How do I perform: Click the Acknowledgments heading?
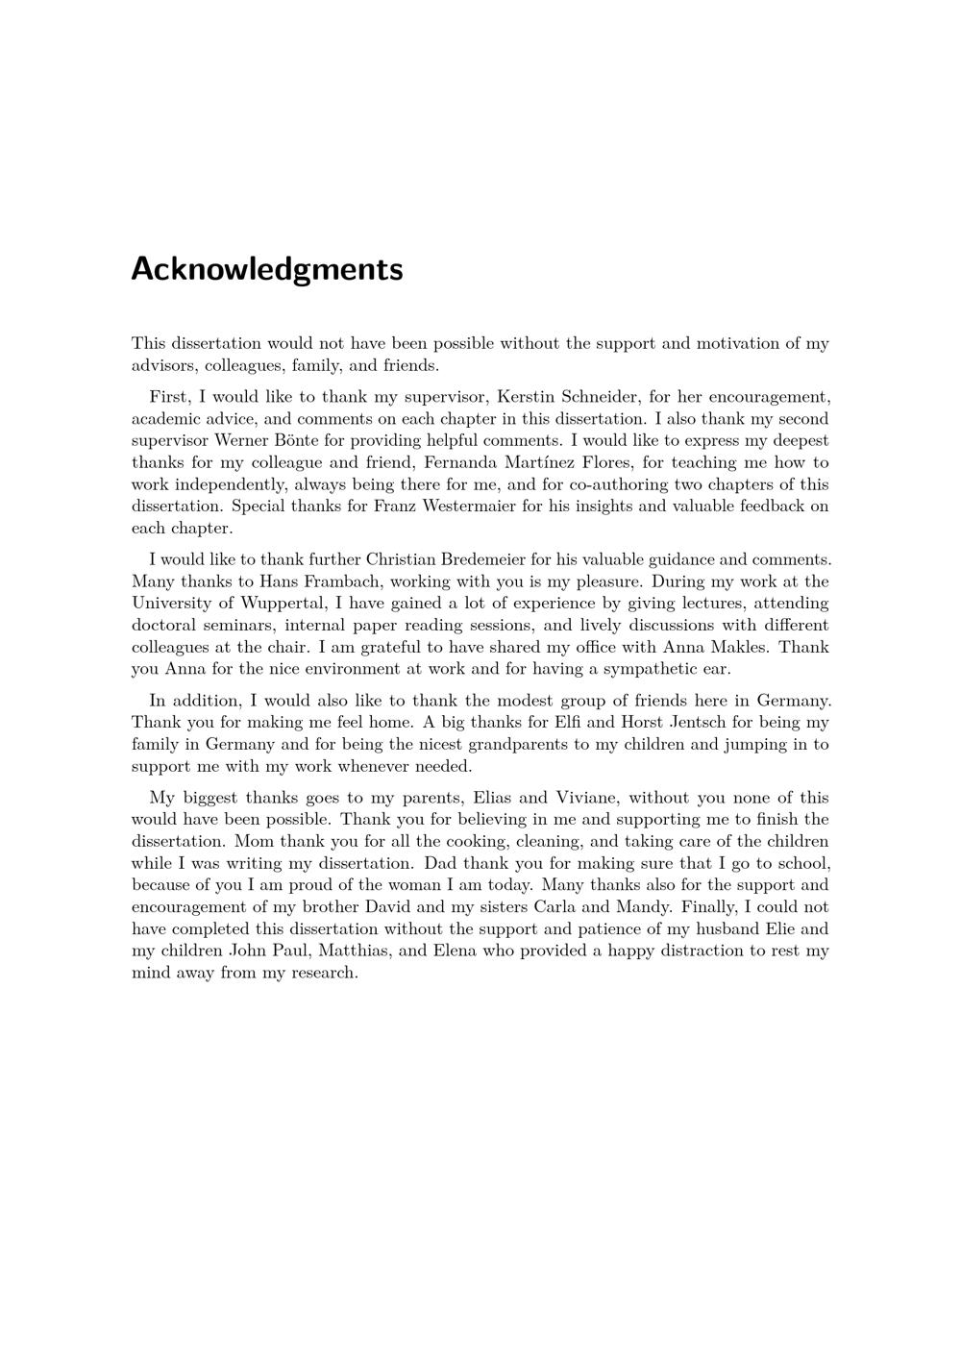[266, 269]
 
